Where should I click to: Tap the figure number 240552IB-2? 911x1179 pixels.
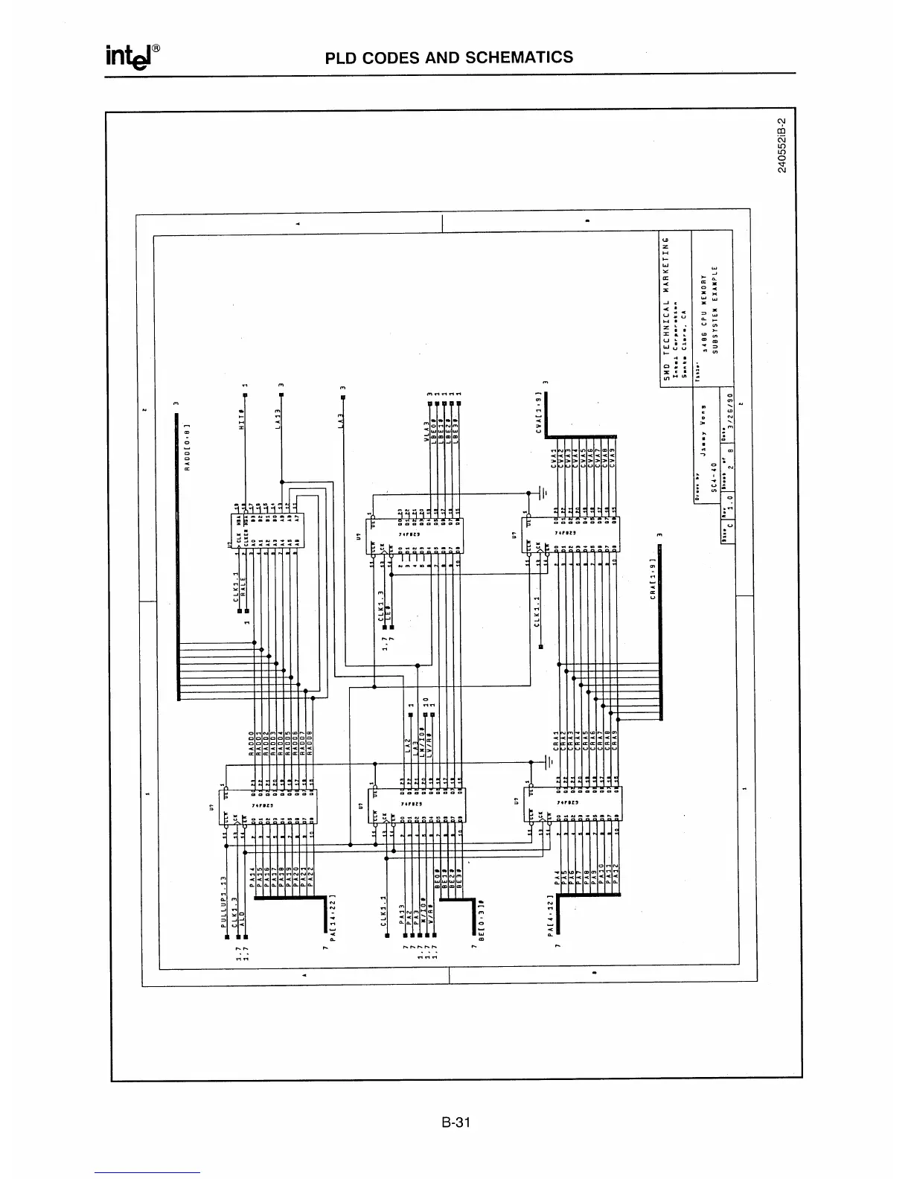[781, 146]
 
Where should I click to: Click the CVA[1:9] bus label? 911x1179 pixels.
[539, 407]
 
